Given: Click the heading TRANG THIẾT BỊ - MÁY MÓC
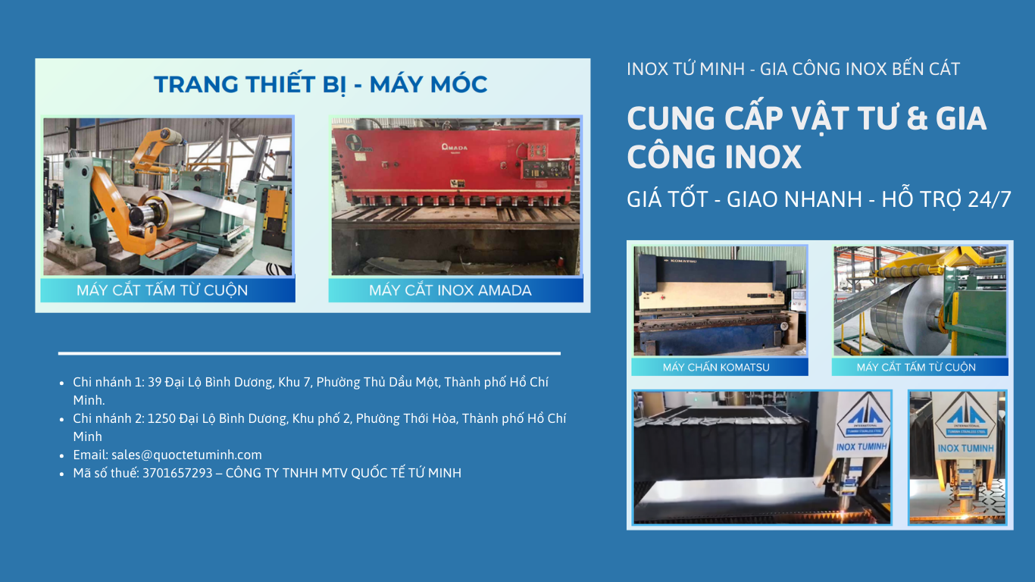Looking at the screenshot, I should coord(321,85).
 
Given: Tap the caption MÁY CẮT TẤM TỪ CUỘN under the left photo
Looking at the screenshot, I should coord(162,290).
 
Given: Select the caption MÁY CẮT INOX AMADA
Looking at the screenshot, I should coord(450,290).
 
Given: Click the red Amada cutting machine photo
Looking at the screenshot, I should coord(455,196).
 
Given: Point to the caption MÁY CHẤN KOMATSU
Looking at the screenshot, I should coord(716,368).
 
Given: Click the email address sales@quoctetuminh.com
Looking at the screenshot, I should coord(186,455).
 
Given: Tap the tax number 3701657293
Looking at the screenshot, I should coord(177,473).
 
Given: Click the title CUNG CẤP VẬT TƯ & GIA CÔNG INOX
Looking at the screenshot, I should coord(806,137).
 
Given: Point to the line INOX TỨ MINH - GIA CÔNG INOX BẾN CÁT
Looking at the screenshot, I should coord(793,69).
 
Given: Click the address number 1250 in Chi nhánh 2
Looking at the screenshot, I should coord(161,418).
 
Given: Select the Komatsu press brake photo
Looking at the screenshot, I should coord(720,300).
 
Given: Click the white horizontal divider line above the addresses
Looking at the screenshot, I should coord(309,353).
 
